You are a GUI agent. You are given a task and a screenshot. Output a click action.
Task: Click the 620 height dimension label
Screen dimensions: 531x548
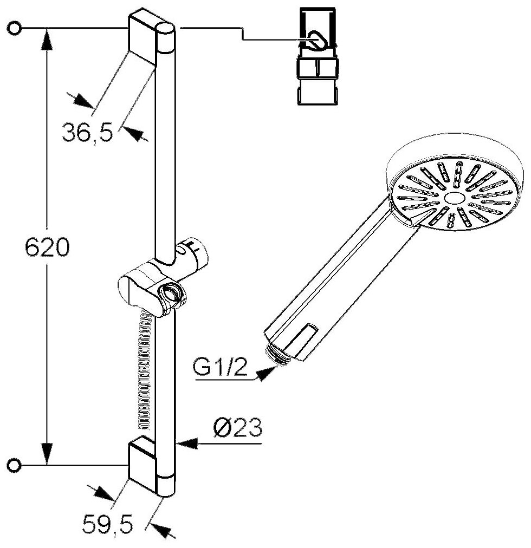tap(47, 249)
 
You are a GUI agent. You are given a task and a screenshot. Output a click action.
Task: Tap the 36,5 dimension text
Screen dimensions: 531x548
tap(87, 132)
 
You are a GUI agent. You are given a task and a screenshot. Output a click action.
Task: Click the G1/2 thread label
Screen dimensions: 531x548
tap(219, 369)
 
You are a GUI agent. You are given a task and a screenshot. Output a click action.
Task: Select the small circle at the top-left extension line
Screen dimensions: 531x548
tap(15, 28)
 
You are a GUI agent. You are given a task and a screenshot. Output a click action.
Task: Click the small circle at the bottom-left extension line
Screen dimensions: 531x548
tap(15, 464)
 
